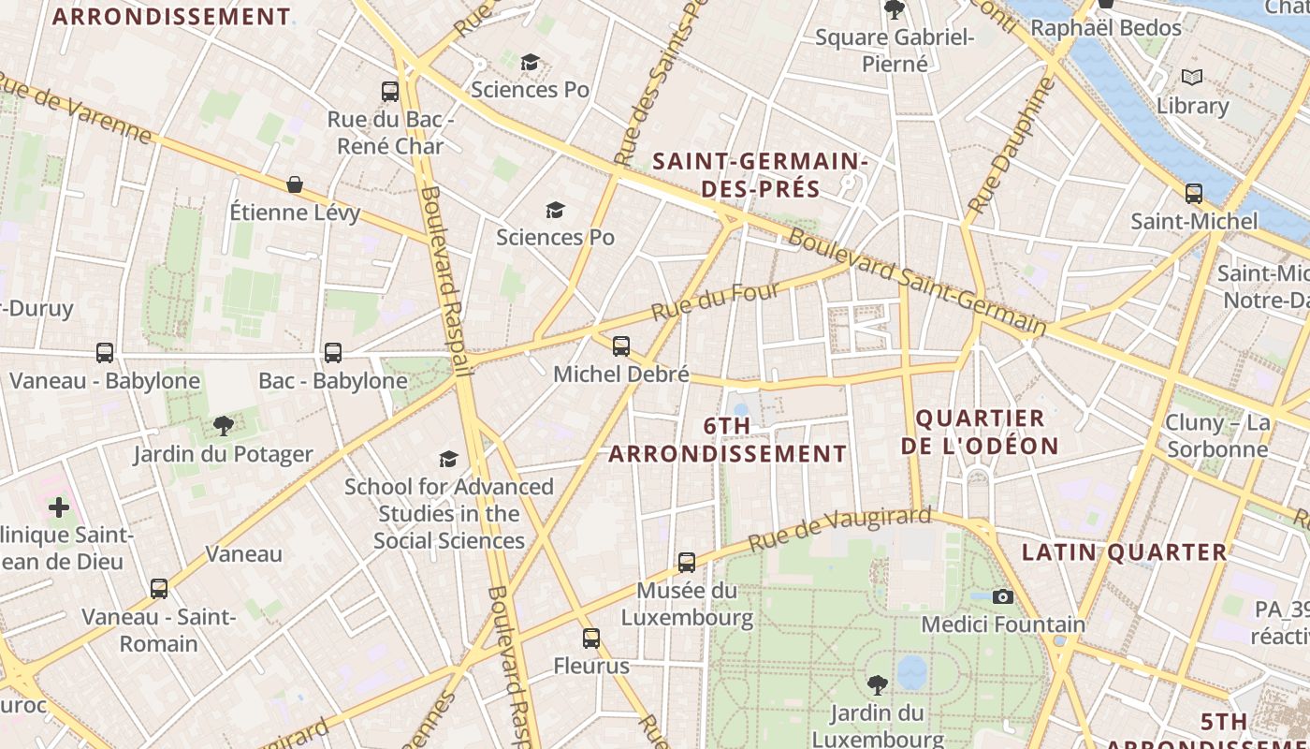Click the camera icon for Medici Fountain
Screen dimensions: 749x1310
point(1003,596)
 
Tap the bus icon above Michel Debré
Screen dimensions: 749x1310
point(621,346)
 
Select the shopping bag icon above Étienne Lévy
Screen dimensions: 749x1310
point(295,184)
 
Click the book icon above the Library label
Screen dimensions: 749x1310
point(1191,78)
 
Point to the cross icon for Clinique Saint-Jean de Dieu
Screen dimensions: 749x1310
point(59,507)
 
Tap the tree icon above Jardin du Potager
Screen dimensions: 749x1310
point(223,427)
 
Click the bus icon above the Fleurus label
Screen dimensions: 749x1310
point(591,639)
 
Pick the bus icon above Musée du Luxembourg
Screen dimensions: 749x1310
point(687,563)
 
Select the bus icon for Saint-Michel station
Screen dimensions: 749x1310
point(1194,194)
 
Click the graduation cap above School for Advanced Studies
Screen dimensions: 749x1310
point(449,459)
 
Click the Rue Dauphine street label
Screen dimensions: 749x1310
point(1012,145)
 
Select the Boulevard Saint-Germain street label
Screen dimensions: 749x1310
point(917,281)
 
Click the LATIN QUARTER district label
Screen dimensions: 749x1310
point(1124,552)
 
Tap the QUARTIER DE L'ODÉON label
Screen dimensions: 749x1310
point(980,432)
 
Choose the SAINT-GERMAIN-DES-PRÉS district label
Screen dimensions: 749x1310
point(760,175)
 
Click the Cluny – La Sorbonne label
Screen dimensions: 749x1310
point(1217,435)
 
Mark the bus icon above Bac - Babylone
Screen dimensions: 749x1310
point(333,353)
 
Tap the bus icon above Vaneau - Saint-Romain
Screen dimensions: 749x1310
point(159,589)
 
